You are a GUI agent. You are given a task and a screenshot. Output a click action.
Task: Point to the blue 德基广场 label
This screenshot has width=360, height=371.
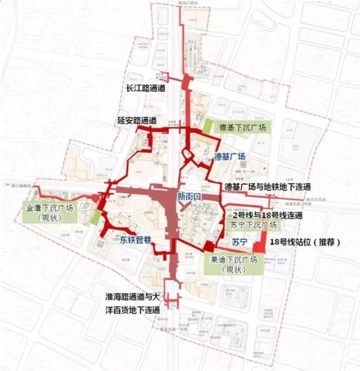click(x=230, y=157)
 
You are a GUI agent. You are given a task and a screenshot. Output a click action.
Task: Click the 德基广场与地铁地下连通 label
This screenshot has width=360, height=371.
click(x=267, y=186)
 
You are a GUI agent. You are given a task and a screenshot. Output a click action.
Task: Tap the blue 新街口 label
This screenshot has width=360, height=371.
click(x=189, y=196)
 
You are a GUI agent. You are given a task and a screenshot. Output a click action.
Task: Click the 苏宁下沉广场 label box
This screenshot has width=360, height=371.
click(x=253, y=226)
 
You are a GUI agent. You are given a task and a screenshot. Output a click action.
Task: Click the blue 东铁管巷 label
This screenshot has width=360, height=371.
click(x=135, y=242)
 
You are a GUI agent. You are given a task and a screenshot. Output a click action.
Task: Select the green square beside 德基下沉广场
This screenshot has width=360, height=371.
click(x=208, y=127)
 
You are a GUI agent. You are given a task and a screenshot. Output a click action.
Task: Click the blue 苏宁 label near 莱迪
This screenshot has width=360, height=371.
click(x=240, y=242)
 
